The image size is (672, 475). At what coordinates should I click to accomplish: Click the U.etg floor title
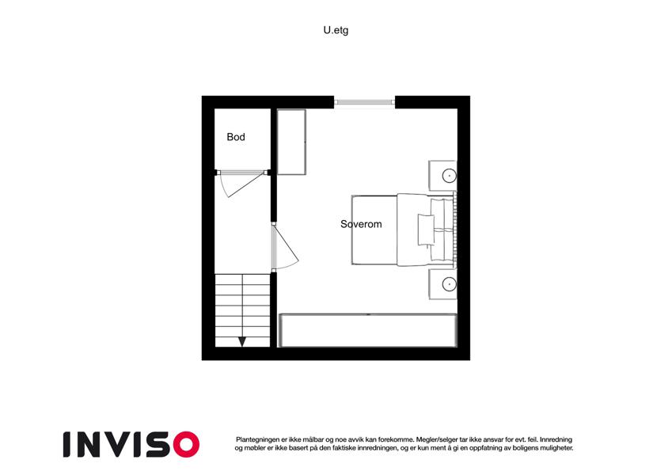(x=336, y=30)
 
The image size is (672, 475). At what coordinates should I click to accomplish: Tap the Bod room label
(x=236, y=137)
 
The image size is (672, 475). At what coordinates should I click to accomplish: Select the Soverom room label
(x=361, y=224)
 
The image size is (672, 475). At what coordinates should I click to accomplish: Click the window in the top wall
(x=364, y=102)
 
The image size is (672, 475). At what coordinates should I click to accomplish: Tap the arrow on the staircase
(x=242, y=341)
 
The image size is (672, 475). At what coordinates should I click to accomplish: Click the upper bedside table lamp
(x=449, y=175)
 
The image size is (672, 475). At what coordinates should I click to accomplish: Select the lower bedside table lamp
(x=449, y=283)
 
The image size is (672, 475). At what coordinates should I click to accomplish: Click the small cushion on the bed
(x=426, y=230)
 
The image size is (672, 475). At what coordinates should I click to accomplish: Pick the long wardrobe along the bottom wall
(x=368, y=330)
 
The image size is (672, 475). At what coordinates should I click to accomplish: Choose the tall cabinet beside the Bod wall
(x=291, y=142)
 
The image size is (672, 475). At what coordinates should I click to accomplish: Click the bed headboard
(x=454, y=230)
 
